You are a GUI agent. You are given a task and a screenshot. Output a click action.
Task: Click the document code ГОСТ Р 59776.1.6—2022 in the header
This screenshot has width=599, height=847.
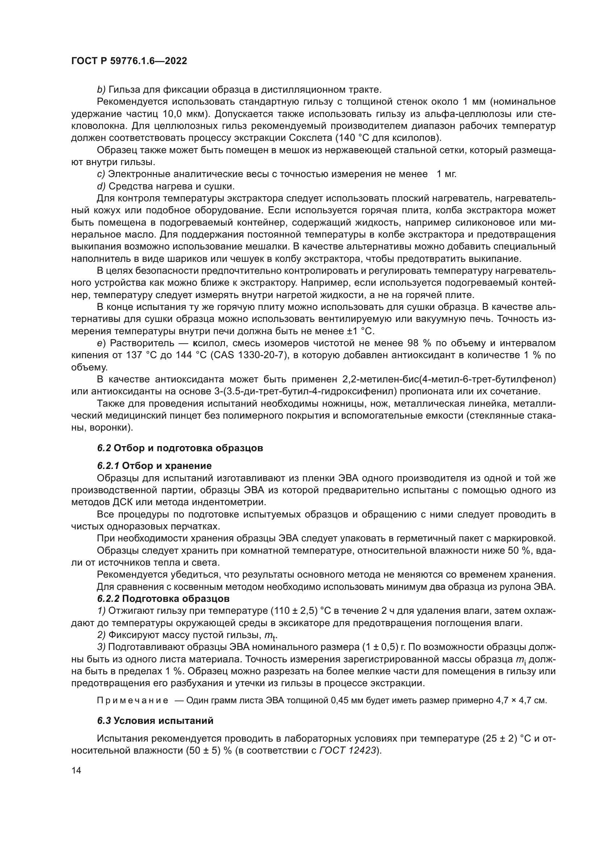click(x=129, y=61)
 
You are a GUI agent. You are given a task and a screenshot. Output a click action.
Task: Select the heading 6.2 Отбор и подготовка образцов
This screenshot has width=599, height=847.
click(x=180, y=448)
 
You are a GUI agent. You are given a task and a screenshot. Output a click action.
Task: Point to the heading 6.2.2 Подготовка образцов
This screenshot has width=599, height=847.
click(x=163, y=598)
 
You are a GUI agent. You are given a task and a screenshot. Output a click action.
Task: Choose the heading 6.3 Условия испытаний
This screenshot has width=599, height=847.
click(x=155, y=721)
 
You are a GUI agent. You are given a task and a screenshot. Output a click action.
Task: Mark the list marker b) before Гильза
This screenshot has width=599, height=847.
click(x=101, y=90)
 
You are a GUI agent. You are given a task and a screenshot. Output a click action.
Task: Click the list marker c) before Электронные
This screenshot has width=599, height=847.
click(x=101, y=174)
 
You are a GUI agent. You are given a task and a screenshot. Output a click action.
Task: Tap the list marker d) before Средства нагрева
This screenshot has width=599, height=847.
click(x=101, y=186)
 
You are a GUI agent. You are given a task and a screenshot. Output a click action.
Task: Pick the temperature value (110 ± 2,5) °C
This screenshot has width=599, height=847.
click(x=301, y=611)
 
